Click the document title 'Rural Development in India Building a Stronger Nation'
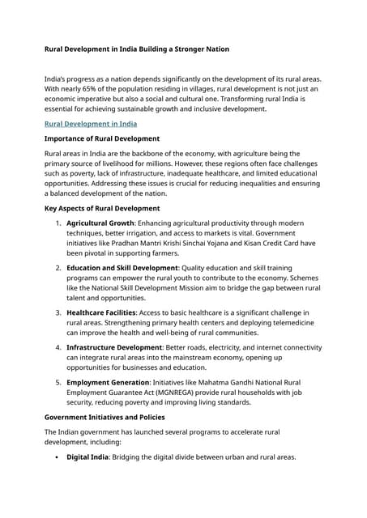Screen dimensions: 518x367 tap(137, 49)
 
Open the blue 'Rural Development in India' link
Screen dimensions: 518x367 tap(91, 124)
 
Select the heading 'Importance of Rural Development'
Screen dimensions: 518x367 tap(101, 138)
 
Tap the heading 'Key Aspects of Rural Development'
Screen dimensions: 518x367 tap(102, 208)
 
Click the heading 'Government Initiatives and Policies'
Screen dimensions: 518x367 tap(105, 417)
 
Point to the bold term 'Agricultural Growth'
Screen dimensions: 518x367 tap(100, 223)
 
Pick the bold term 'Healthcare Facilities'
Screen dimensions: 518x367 tap(101, 312)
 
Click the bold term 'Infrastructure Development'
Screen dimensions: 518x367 tap(114, 347)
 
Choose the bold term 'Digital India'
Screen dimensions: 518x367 tap(89, 457)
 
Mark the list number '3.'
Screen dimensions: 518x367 tap(58, 312)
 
